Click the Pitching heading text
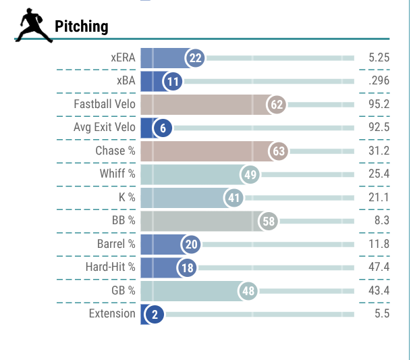coord(81,26)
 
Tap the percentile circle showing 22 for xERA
coord(196,58)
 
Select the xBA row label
coord(124,81)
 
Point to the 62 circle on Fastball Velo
coord(277,104)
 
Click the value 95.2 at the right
coord(379,104)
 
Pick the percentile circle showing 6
coord(162,128)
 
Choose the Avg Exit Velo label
coord(104,128)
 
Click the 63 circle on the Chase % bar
coord(278,151)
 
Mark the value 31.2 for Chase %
coord(379,151)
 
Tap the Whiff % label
coord(117,174)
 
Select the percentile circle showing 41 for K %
coord(234,198)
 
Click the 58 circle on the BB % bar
coord(269,221)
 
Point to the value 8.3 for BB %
coord(381,221)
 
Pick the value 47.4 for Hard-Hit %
coord(379,267)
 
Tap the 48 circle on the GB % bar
coord(248,291)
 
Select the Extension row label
coord(112,314)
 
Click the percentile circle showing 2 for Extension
coord(154,315)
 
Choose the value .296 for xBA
coord(379,81)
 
